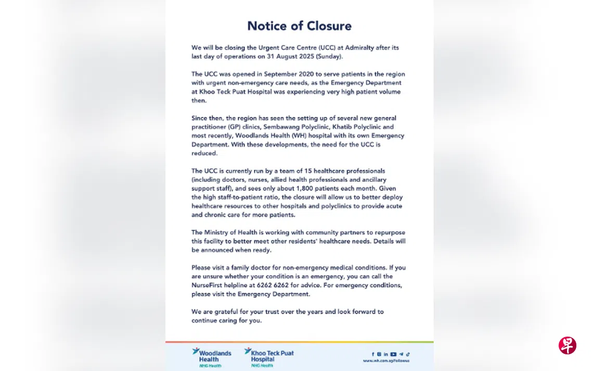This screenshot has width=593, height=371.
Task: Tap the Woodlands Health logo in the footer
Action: tap(212, 357)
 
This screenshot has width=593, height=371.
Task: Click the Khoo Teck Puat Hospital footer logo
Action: tap(269, 357)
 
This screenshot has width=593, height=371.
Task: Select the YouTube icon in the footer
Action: tap(393, 354)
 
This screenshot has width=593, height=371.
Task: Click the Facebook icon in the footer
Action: tap(372, 354)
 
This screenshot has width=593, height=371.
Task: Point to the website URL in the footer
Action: tap(386, 361)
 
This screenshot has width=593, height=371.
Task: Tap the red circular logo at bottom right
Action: tap(568, 345)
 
